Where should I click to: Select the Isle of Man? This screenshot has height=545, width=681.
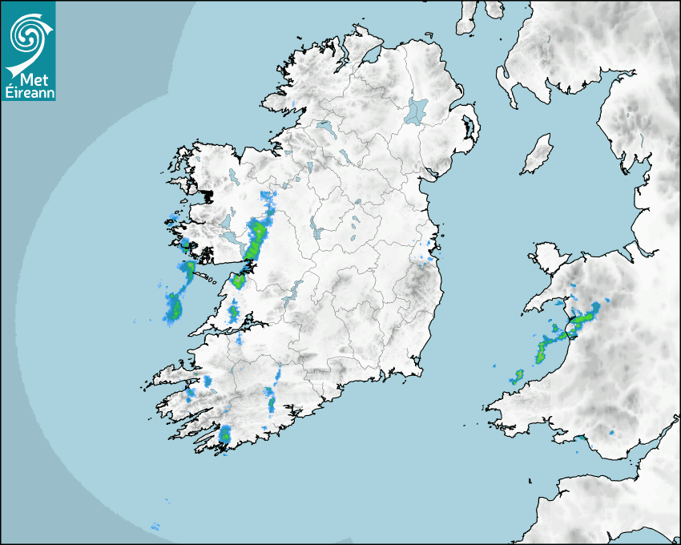(x=538, y=155)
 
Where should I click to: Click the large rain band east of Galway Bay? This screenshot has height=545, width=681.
(x=256, y=239)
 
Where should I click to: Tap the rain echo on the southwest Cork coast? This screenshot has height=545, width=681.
(x=225, y=434)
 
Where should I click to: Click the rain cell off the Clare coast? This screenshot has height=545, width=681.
(x=173, y=306)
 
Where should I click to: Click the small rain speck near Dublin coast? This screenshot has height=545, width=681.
(x=430, y=256)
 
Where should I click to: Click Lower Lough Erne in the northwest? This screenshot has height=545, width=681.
(x=324, y=127)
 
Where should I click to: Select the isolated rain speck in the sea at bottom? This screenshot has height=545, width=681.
(x=155, y=527)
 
